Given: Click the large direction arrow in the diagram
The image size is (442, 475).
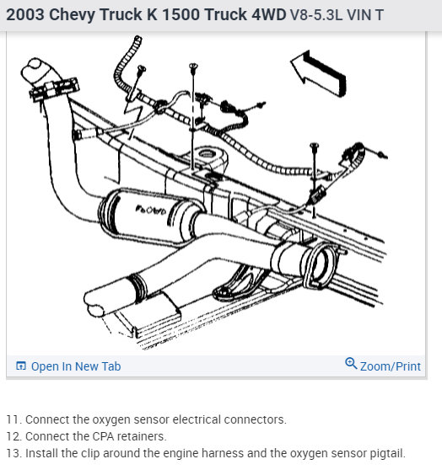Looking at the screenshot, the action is pyautogui.click(x=319, y=73).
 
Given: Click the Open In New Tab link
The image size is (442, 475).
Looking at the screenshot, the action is pyautogui.click(x=76, y=366).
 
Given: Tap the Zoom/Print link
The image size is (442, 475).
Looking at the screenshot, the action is pyautogui.click(x=391, y=366).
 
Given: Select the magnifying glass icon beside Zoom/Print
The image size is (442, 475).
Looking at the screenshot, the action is pyautogui.click(x=351, y=363).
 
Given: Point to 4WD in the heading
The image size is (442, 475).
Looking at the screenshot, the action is pyautogui.click(x=269, y=14).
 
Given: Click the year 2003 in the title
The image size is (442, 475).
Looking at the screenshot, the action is pyautogui.click(x=25, y=14).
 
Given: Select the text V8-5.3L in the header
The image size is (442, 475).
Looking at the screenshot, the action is pyautogui.click(x=316, y=15).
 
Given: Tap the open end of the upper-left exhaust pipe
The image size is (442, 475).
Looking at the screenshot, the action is pyautogui.click(x=34, y=69).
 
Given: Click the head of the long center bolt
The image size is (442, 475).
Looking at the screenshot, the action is pyautogui.click(x=193, y=66).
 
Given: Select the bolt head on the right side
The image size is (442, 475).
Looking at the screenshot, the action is pyautogui.click(x=314, y=146).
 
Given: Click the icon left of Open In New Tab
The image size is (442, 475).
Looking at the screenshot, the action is pyautogui.click(x=21, y=366).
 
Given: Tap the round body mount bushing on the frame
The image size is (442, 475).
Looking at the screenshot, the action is pyautogui.click(x=208, y=155).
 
